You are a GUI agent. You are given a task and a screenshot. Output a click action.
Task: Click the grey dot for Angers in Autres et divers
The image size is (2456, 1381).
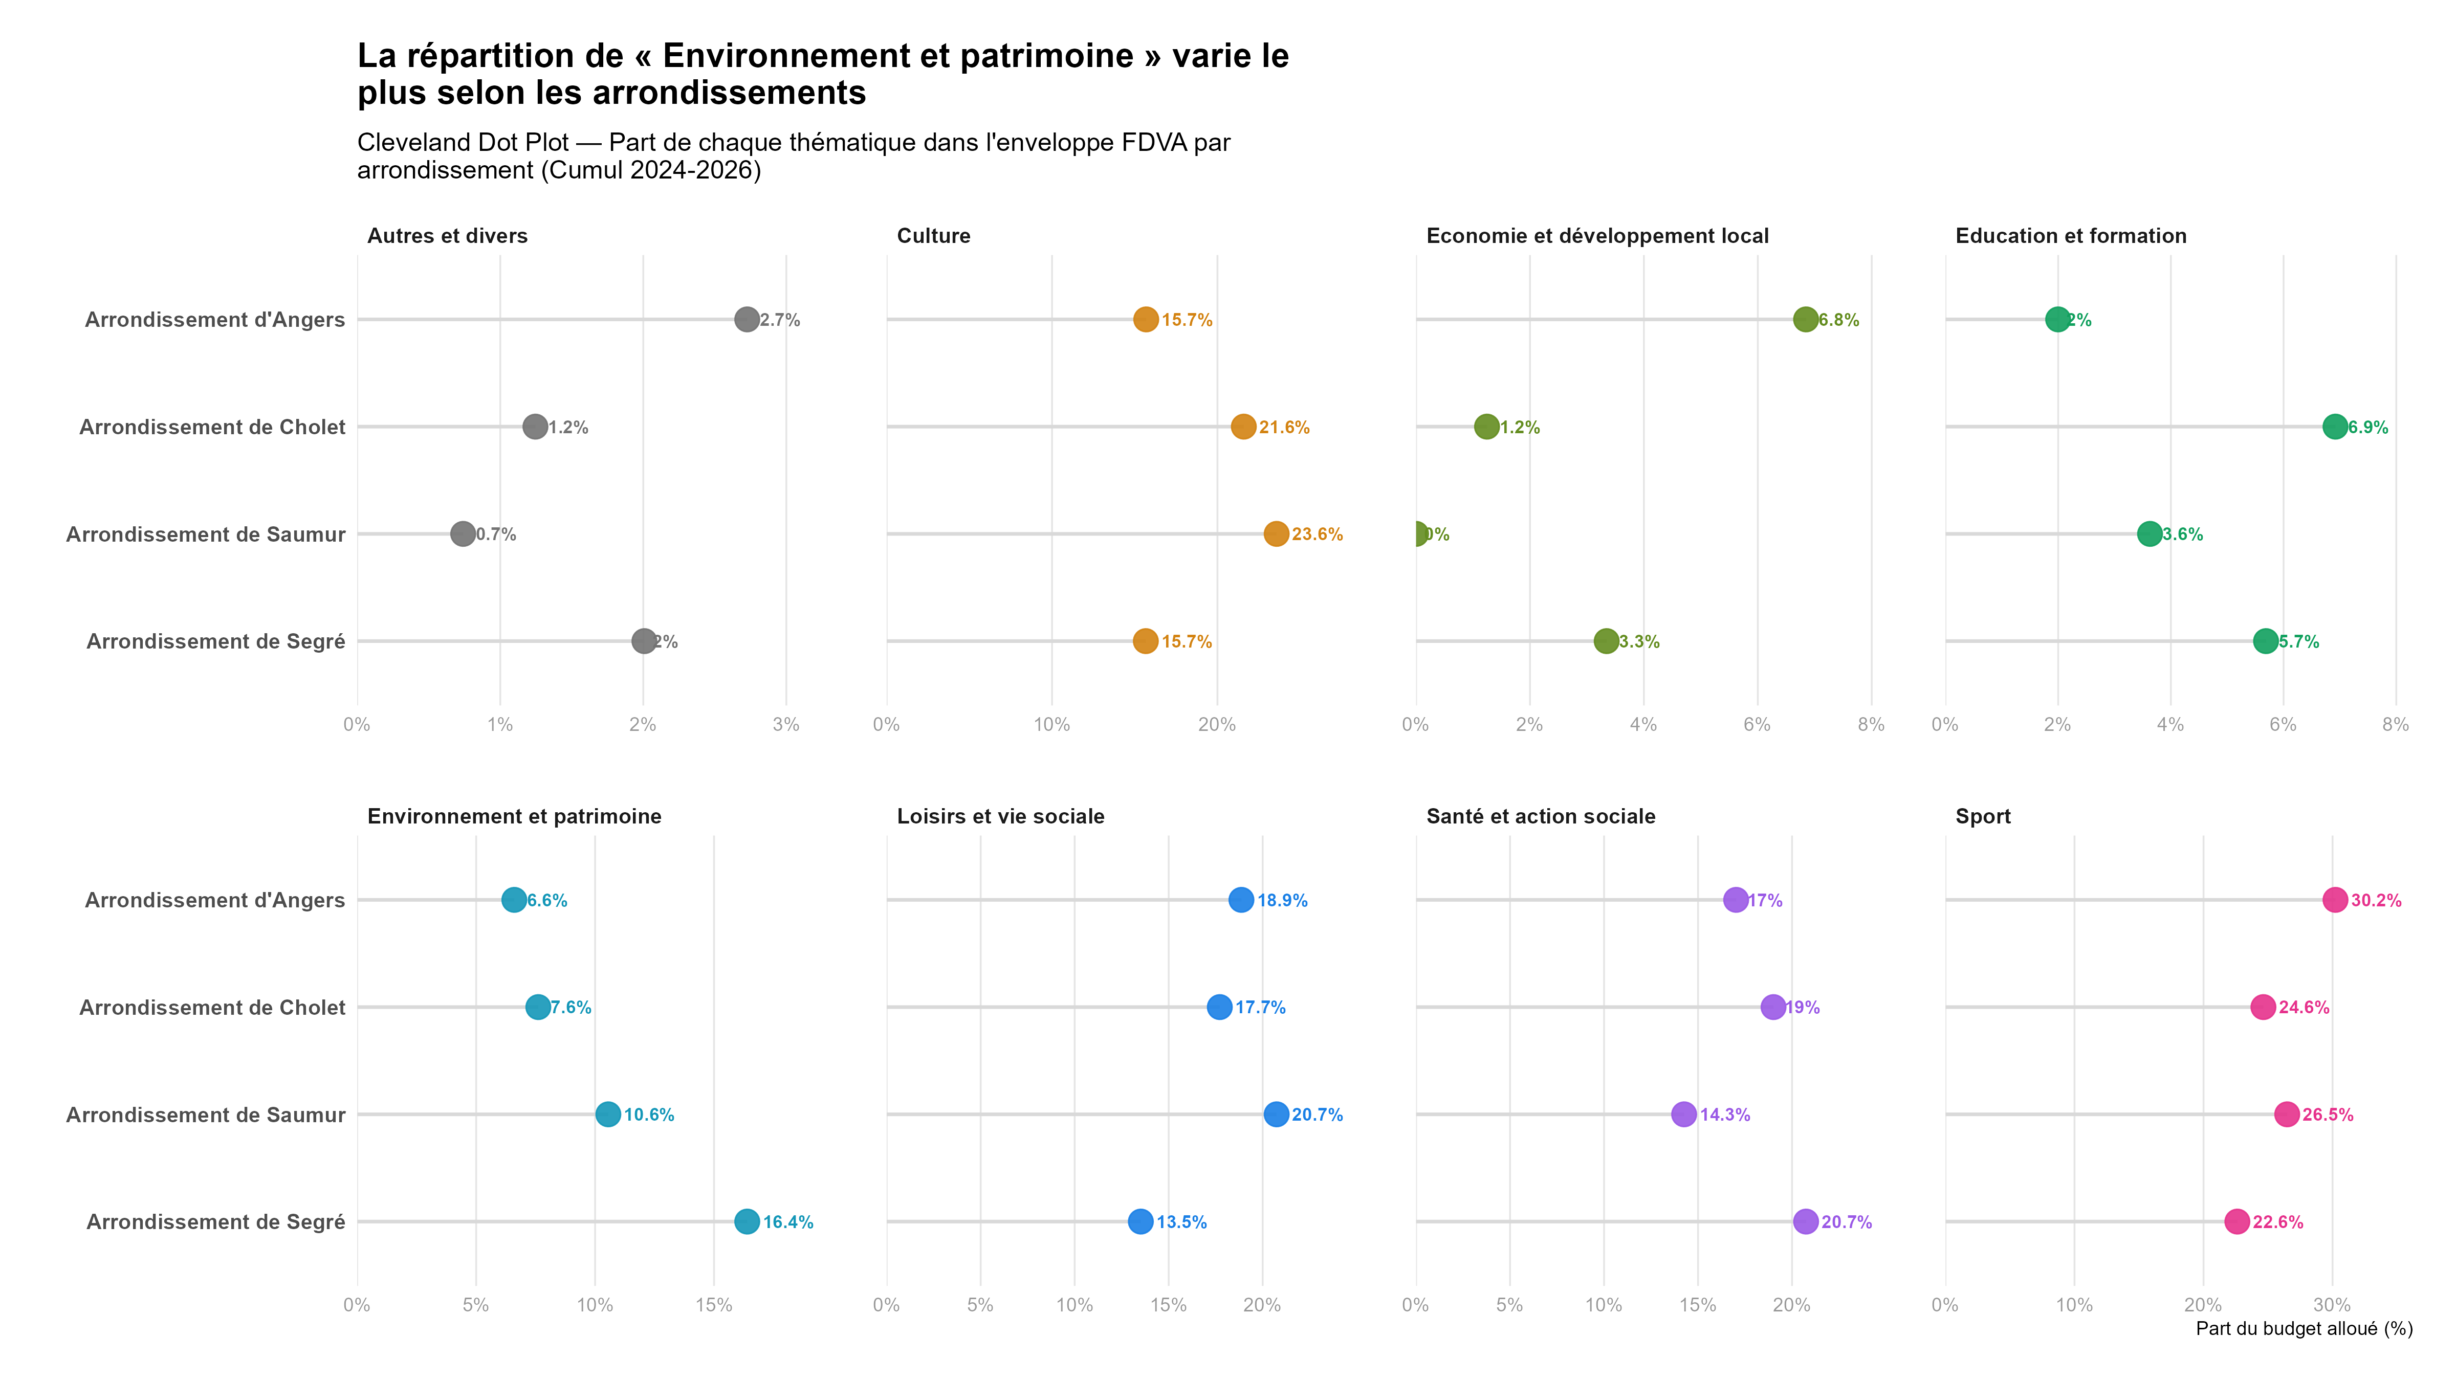[747, 319]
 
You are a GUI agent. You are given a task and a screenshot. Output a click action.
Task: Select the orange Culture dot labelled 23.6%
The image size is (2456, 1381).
[1276, 533]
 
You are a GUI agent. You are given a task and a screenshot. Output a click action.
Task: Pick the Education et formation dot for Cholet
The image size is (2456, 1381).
[2334, 427]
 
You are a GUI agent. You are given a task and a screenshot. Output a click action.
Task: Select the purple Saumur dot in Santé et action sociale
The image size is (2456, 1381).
[1684, 1114]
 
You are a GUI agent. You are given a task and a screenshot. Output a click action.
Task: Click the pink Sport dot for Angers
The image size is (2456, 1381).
[2334, 900]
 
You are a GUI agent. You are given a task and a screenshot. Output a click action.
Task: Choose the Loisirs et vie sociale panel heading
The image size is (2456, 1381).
[1000, 817]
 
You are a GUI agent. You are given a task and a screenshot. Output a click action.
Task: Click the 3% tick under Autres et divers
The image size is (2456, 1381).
[785, 724]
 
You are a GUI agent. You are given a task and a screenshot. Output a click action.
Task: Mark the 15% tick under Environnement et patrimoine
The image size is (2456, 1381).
[713, 1305]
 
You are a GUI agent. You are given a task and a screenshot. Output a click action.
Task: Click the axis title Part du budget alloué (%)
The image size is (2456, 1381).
[2304, 1329]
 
